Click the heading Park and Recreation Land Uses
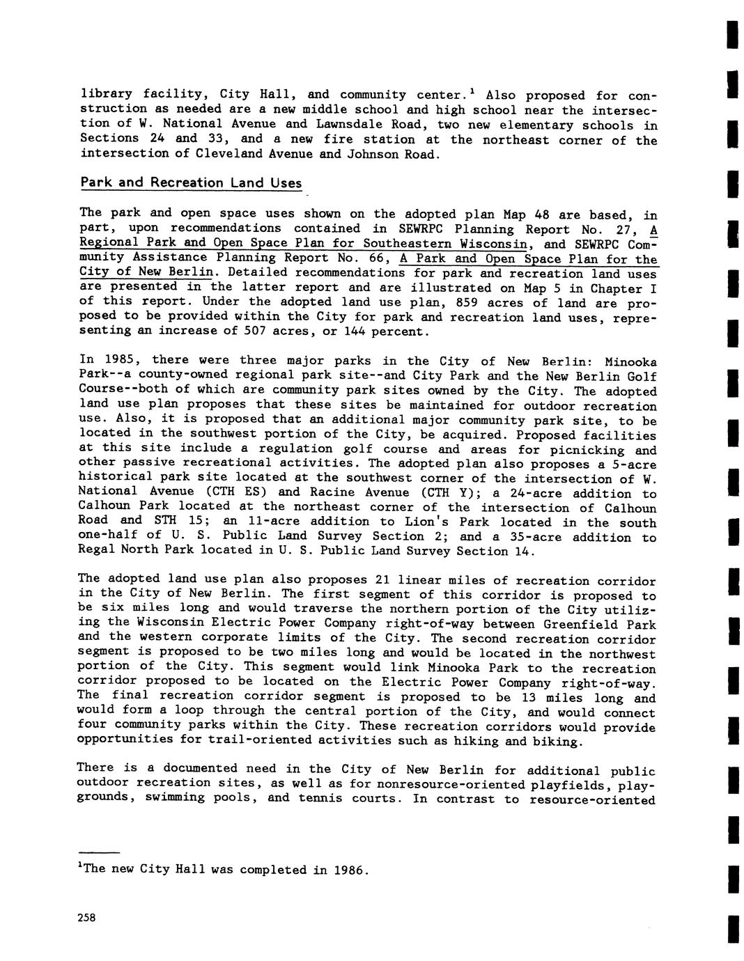click(191, 182)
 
